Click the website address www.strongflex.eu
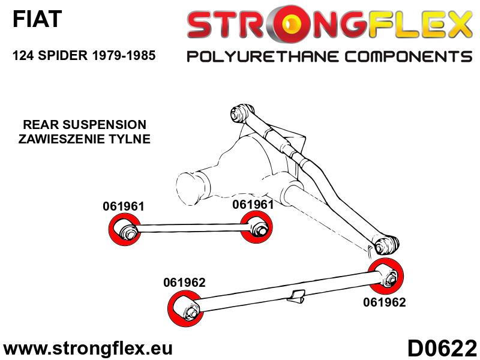[x=88, y=349]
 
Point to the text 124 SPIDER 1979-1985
[x=84, y=56]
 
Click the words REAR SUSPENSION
[x=84, y=125]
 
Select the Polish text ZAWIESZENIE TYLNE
[x=84, y=139]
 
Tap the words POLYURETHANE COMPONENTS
[x=329, y=57]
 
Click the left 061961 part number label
[x=124, y=206]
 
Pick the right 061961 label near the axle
[x=253, y=204]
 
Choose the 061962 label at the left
[x=184, y=283]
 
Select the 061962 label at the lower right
[x=385, y=302]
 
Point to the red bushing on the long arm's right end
[x=386, y=277]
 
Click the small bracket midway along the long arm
[x=296, y=296]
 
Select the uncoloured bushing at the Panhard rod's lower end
[x=385, y=244]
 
